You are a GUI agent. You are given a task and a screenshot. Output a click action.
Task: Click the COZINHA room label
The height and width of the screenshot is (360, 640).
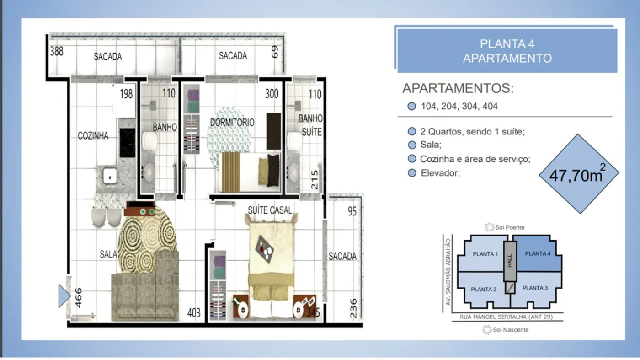(x=93, y=135)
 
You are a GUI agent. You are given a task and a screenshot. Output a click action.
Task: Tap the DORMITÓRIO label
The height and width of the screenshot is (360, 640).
(x=232, y=123)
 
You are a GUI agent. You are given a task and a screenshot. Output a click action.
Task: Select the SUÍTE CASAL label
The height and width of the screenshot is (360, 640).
(x=270, y=210)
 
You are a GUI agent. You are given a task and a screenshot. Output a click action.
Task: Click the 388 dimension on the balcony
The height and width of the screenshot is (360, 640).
(x=57, y=52)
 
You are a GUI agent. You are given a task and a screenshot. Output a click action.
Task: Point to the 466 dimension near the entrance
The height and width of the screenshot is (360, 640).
(x=78, y=298)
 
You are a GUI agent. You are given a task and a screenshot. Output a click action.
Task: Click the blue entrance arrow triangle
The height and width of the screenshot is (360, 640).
(x=64, y=296)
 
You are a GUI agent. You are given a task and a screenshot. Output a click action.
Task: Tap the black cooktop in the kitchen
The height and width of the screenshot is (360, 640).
(x=127, y=143)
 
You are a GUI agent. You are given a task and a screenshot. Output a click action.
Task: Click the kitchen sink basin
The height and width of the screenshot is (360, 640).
(x=110, y=176)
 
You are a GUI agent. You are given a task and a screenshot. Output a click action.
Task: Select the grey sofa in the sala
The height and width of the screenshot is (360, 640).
(x=145, y=289)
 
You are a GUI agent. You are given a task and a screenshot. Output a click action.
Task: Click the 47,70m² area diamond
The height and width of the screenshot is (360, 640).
(x=579, y=174)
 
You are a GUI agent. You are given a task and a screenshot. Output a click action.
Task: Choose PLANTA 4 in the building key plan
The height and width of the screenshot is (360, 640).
(x=538, y=253)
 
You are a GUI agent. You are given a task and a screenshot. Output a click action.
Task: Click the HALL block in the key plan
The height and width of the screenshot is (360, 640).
(x=510, y=261)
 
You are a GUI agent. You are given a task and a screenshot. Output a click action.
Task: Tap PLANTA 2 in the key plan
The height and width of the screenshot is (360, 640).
(x=484, y=290)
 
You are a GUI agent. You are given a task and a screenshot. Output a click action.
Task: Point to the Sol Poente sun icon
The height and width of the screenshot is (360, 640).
(x=490, y=227)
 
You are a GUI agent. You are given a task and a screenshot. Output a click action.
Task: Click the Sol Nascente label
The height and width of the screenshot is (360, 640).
(x=511, y=330)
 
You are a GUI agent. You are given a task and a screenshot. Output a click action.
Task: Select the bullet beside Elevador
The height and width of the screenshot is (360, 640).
(x=412, y=173)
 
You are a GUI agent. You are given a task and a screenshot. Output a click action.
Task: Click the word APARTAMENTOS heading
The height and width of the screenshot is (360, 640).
(x=458, y=88)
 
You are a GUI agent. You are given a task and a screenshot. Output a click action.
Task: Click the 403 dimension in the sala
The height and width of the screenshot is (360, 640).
(x=194, y=313)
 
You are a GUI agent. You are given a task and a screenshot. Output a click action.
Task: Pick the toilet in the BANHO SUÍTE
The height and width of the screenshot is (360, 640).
(x=294, y=141)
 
